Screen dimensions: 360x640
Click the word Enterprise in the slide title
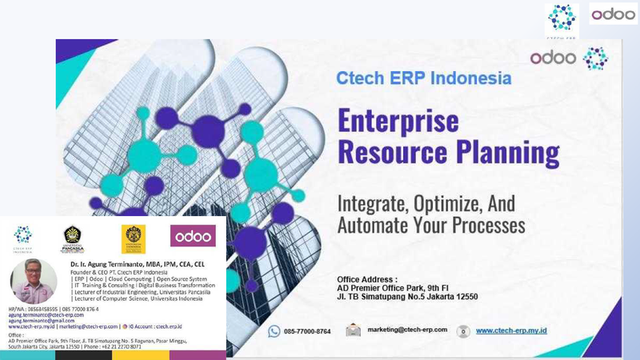pos(398,120)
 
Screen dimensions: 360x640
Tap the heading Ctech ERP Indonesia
pos(423,79)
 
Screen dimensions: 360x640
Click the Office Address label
pos(367,279)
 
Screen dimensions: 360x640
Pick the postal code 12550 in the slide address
pos(462,297)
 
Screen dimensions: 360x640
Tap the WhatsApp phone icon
pos(274,331)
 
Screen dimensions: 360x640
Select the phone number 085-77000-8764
pos(307,331)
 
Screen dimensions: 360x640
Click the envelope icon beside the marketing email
pos(353,330)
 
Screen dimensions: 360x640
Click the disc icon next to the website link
pos(462,331)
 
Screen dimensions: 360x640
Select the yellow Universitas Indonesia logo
pos(133,238)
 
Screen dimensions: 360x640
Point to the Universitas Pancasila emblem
pos(73,238)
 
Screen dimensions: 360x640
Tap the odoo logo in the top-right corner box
pos(614,14)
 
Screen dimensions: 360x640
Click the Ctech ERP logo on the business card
pos(22,238)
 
